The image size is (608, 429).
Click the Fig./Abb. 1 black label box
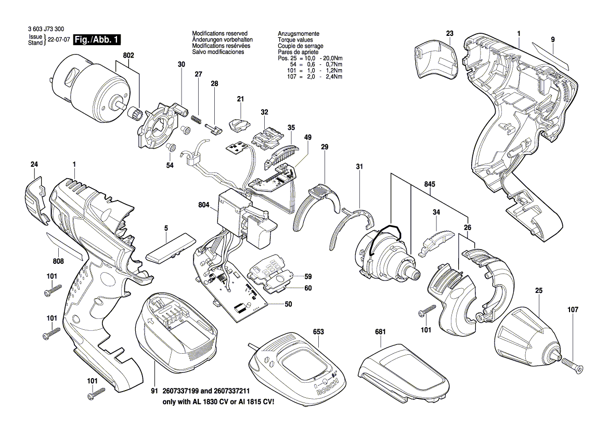pos(97,40)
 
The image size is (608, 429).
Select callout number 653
pos(318,331)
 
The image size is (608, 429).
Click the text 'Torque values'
pos(295,39)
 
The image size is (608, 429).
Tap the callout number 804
pos(203,205)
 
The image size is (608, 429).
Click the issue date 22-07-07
pos(58,40)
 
